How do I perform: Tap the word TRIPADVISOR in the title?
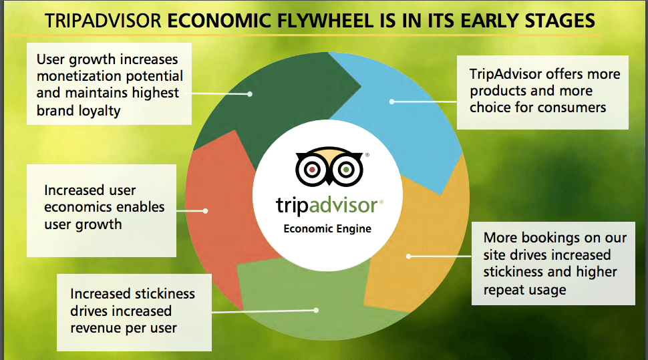tap(104, 21)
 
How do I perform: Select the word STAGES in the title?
tap(560, 21)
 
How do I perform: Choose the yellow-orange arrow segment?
tap(418, 244)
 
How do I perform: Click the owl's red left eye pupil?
tap(313, 170)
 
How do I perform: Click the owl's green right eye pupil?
tap(346, 170)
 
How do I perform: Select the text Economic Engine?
tap(327, 229)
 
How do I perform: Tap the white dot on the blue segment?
tap(391, 102)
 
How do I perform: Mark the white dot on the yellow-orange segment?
tap(408, 256)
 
